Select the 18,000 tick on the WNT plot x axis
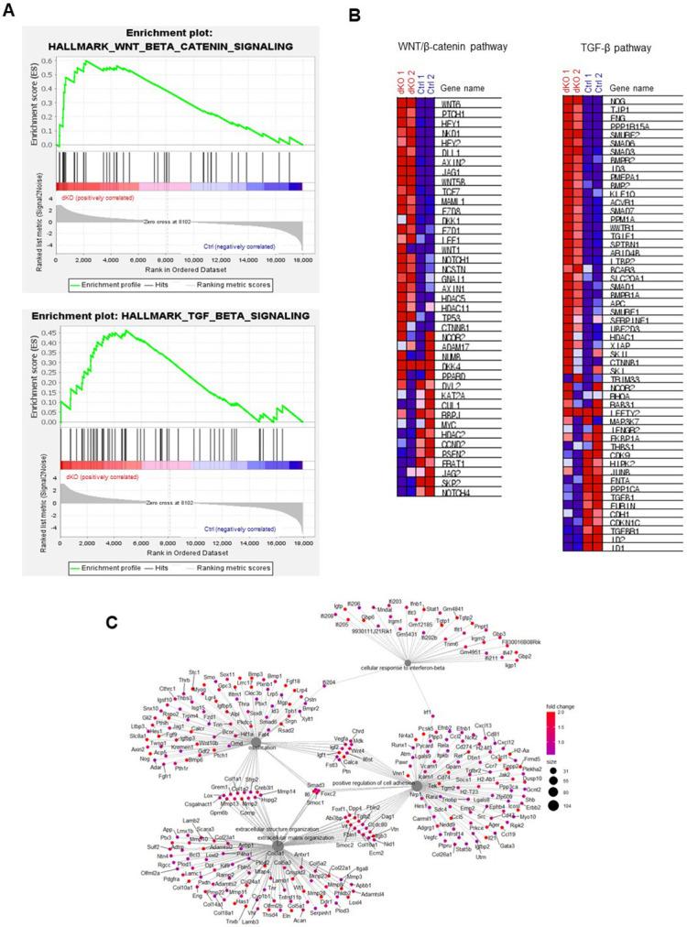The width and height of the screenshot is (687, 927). (x=302, y=260)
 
